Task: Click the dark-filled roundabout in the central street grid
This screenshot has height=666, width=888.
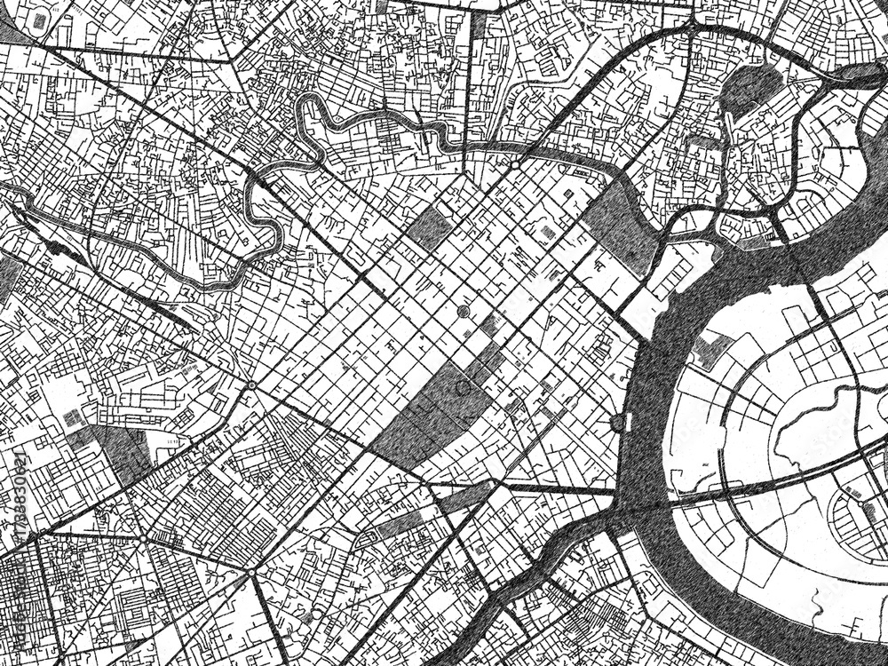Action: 463,311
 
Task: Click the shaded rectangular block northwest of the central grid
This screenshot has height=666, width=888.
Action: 430,227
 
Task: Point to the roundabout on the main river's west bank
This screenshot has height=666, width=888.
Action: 618,424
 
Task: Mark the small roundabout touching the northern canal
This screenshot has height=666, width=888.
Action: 514,164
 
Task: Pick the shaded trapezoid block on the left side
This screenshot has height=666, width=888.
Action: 115,448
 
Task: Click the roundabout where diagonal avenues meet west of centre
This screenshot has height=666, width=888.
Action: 252,385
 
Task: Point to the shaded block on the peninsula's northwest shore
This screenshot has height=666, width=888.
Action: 710,350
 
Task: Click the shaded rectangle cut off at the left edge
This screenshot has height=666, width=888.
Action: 7,275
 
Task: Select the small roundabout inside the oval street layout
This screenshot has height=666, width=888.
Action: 867,505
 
